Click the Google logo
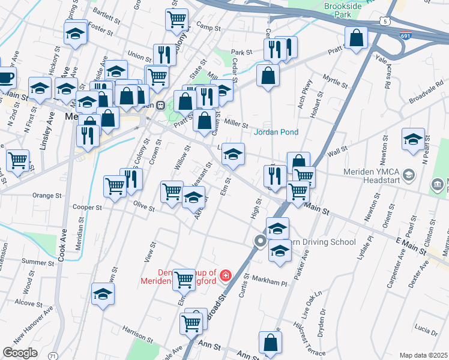[x=20, y=352]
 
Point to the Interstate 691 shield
[x=406, y=35]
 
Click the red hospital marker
[x=225, y=275]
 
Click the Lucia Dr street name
[x=425, y=331]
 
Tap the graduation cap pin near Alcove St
[x=103, y=294]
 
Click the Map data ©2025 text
[x=423, y=355]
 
